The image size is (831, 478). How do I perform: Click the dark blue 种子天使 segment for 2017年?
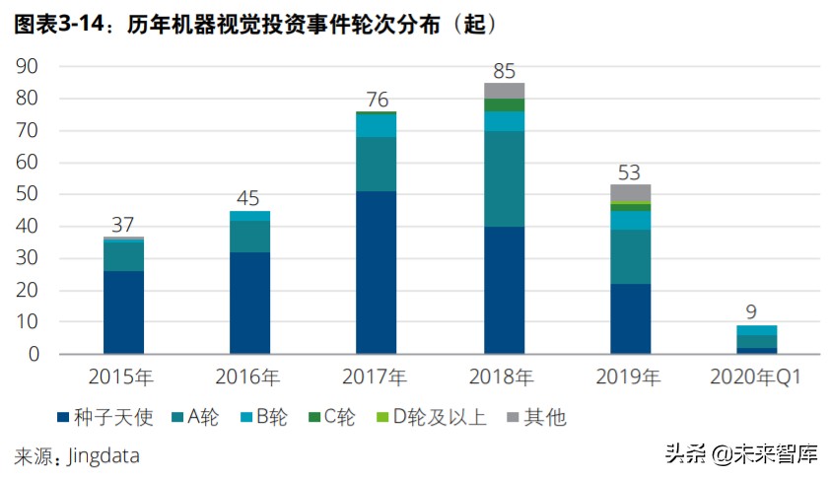tap(377, 272)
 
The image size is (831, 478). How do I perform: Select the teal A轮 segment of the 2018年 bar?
tap(504, 178)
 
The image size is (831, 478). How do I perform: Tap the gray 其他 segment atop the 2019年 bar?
tap(630, 192)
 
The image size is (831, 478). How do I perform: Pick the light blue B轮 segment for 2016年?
tap(249, 216)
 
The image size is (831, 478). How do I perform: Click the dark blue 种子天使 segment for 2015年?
tap(123, 311)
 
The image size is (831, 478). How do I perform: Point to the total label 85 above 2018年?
tap(504, 71)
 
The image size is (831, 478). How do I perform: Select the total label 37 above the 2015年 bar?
tap(123, 225)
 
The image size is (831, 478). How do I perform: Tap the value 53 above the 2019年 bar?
tap(630, 172)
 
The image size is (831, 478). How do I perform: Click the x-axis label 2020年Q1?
tap(756, 376)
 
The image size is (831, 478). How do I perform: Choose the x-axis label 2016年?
tap(249, 376)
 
